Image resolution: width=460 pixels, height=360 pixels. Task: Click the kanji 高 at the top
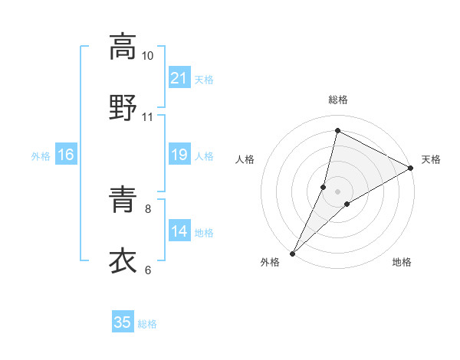[x=123, y=47]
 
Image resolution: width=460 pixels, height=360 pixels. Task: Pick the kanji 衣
[x=123, y=260]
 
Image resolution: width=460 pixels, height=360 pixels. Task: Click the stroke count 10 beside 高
[x=148, y=56]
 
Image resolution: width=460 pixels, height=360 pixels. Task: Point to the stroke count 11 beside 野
[x=148, y=117]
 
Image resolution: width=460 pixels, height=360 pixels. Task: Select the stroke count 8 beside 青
[x=148, y=208]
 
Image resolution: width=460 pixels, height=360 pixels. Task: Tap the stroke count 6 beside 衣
[x=148, y=270]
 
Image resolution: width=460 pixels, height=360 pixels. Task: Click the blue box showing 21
[x=179, y=77]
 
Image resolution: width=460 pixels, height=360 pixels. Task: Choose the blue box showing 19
[x=179, y=155]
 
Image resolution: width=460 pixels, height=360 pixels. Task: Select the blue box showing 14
[x=179, y=231]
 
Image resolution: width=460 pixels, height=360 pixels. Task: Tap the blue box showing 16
[x=66, y=155]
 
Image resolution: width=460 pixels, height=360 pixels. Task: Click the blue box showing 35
[x=123, y=322]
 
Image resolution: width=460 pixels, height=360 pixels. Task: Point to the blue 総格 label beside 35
[x=147, y=323]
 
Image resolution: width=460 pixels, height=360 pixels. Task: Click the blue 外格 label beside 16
[x=41, y=155]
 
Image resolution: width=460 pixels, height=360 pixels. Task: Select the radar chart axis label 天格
[x=432, y=159]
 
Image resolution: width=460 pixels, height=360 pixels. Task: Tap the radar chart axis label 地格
[x=402, y=263]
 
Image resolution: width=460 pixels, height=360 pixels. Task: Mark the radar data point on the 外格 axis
[x=293, y=253]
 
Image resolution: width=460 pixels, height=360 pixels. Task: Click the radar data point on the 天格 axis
[x=411, y=169]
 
